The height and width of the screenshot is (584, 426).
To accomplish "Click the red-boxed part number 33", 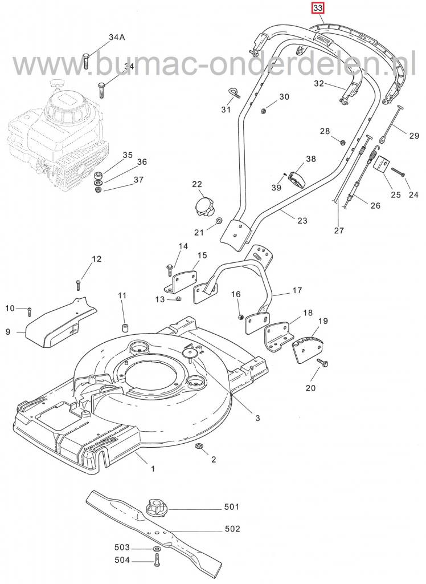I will point(318,9).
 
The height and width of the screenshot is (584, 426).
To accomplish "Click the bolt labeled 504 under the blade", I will point(155,560).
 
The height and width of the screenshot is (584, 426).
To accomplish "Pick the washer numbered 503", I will point(155,548).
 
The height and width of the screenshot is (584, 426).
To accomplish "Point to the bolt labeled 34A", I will point(86,59).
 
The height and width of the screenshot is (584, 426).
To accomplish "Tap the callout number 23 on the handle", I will point(302,220).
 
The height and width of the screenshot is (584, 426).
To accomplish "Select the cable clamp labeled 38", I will point(296,179).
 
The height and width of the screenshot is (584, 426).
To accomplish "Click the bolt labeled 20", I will point(324,363).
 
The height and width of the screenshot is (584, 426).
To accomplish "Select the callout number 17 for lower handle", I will point(297,290).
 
